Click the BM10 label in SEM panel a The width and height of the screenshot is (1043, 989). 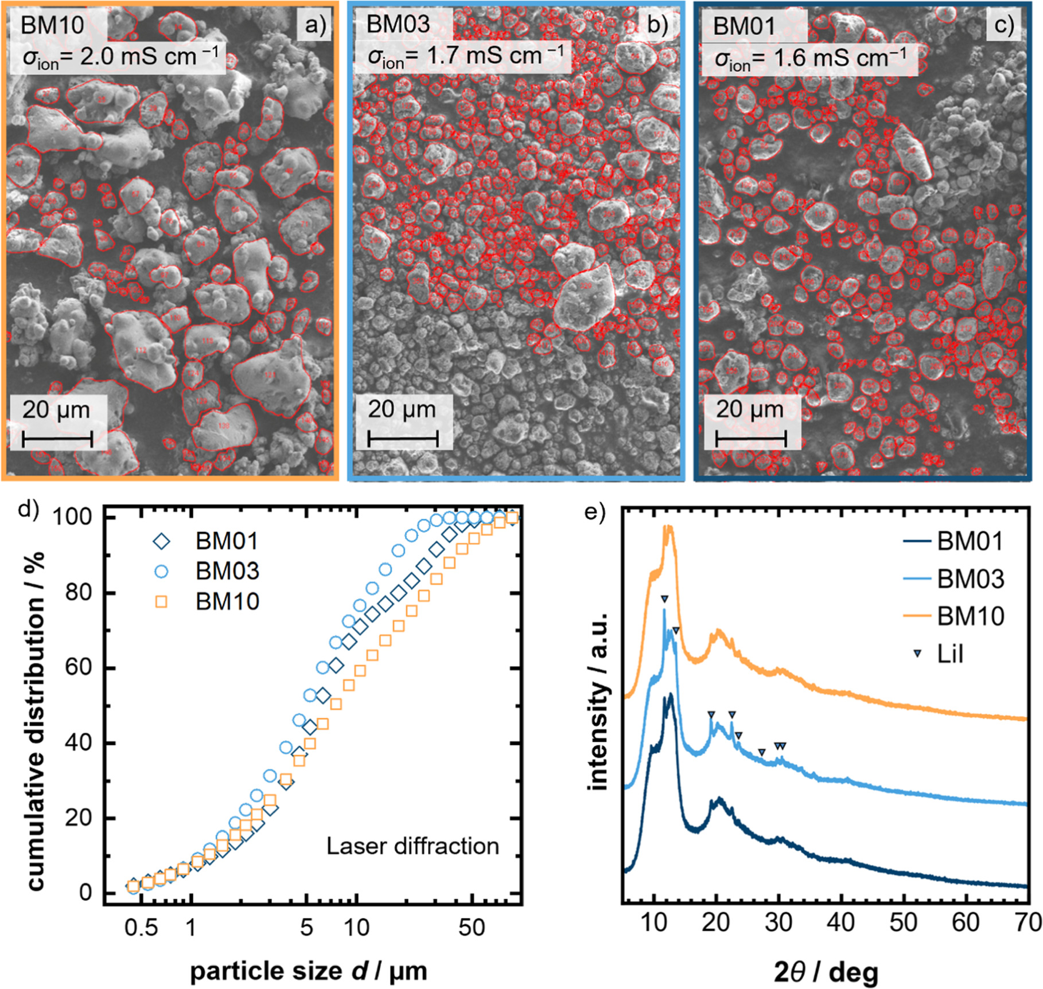[x=53, y=26]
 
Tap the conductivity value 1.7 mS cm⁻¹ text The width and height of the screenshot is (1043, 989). [x=466, y=56]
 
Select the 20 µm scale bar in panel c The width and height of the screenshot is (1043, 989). [x=750, y=440]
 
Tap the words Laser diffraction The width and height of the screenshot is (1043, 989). [x=412, y=846]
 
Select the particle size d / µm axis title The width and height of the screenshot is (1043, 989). [x=309, y=971]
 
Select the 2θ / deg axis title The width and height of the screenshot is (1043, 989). [x=826, y=971]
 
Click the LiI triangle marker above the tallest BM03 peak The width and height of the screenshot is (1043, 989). [x=664, y=599]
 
